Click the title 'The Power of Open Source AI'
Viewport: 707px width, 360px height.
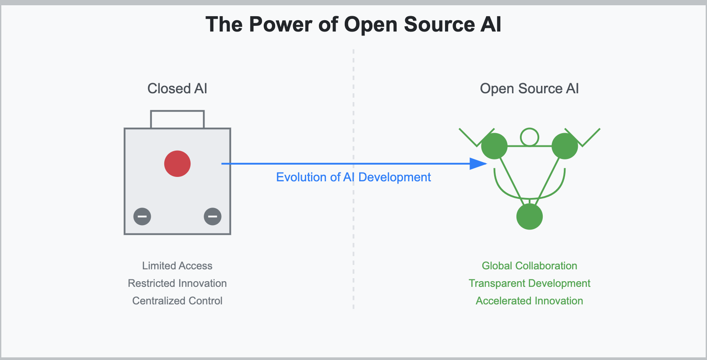(x=353, y=25)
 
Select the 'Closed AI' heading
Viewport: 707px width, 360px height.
(x=177, y=88)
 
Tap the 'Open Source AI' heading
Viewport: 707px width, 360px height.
(x=529, y=88)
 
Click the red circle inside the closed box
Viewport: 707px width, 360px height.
(x=177, y=164)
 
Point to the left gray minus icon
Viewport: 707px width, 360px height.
(x=142, y=216)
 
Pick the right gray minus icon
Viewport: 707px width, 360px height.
(x=212, y=216)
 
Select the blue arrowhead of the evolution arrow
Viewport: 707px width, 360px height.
(x=478, y=164)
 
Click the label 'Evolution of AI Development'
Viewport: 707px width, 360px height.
(x=353, y=177)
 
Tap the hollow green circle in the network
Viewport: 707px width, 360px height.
(x=530, y=137)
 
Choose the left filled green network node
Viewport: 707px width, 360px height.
(x=495, y=146)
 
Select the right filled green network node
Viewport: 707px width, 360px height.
(x=565, y=146)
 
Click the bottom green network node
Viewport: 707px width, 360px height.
(x=530, y=216)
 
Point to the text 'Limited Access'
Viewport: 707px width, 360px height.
(x=177, y=266)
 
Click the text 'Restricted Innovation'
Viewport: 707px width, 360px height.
(x=177, y=283)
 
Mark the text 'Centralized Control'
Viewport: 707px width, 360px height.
(x=177, y=301)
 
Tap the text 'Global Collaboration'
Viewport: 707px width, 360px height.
(x=529, y=266)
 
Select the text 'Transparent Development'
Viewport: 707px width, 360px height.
(x=529, y=283)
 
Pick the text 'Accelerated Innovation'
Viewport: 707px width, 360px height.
(x=529, y=301)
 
